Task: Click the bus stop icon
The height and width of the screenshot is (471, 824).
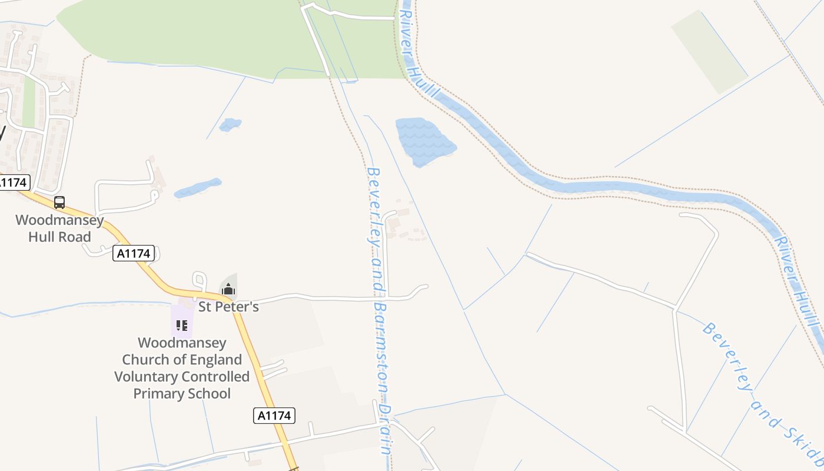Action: pyautogui.click(x=59, y=203)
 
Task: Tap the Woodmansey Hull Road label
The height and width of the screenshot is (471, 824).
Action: pyautogui.click(x=59, y=229)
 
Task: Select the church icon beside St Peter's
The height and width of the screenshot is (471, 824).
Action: pyautogui.click(x=228, y=289)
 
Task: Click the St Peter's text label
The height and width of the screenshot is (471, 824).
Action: pyautogui.click(x=228, y=307)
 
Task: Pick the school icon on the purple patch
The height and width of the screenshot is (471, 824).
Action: pyautogui.click(x=182, y=325)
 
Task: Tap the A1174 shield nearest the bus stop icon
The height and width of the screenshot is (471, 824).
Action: pyautogui.click(x=134, y=253)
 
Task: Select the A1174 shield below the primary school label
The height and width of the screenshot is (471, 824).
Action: pyautogui.click(x=275, y=416)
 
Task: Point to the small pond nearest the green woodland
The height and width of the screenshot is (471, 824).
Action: pyautogui.click(x=230, y=125)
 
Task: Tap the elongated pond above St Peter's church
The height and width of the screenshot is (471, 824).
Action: pyautogui.click(x=198, y=188)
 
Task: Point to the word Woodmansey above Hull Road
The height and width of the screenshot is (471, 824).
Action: pyautogui.click(x=59, y=220)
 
